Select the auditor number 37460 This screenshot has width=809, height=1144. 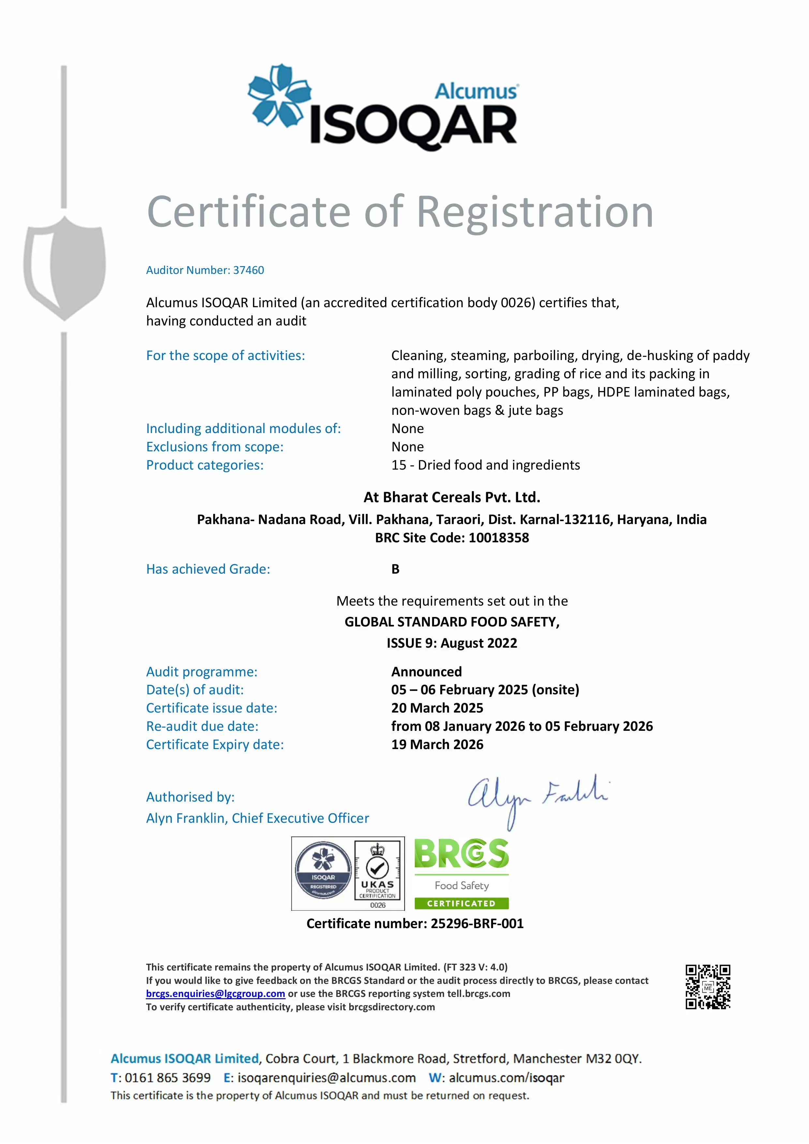click(248, 270)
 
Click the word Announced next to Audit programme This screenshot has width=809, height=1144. click(427, 672)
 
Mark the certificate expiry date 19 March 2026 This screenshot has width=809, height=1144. click(437, 745)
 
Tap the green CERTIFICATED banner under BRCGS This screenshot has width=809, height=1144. click(461, 903)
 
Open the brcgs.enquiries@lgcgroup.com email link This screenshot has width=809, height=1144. click(215, 994)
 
